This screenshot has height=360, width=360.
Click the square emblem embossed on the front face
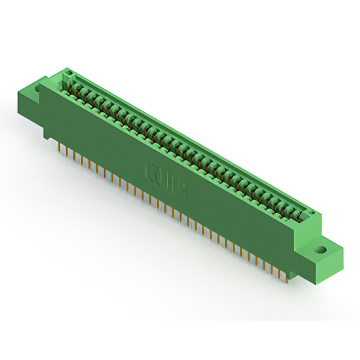152,170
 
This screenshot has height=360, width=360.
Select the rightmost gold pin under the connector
290,275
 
